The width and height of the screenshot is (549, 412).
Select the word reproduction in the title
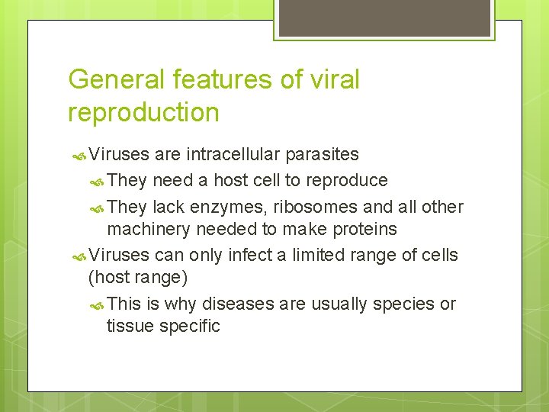[143, 112]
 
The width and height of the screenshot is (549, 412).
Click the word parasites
[321, 154]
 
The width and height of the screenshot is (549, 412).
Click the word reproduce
[350, 181]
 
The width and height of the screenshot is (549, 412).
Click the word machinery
[149, 229]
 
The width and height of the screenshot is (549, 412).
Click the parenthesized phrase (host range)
[138, 276]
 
